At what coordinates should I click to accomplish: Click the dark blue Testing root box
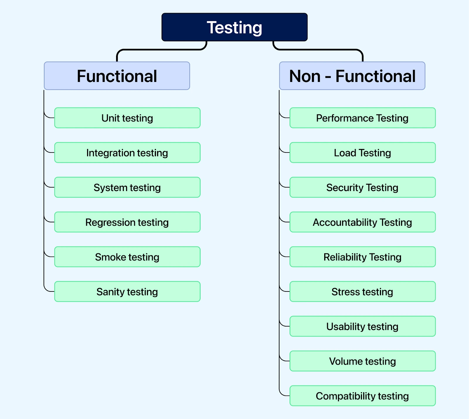(x=235, y=27)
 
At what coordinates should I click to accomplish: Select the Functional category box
(x=117, y=76)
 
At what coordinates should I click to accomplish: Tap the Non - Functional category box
(x=352, y=76)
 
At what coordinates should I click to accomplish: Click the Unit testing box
(x=127, y=118)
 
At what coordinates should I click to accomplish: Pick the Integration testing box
(x=127, y=153)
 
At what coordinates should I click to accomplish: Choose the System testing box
(x=127, y=187)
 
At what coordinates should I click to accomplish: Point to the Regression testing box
(x=127, y=222)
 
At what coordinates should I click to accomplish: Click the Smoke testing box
(x=127, y=257)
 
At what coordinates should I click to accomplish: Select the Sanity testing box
(x=127, y=291)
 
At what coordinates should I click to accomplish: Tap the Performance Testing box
(x=362, y=118)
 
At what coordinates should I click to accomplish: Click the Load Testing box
(x=362, y=153)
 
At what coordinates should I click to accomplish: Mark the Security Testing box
(x=362, y=187)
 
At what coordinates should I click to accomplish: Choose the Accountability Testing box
(x=362, y=222)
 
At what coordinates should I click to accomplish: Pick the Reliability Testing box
(x=362, y=257)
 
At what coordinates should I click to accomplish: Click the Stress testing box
(x=362, y=291)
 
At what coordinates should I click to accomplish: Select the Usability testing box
(x=362, y=326)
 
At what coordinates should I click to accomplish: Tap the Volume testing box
(x=362, y=361)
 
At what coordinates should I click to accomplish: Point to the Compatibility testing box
(x=362, y=396)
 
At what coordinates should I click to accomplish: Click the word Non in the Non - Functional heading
(x=305, y=76)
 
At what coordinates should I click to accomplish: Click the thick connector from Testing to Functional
(x=161, y=50)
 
